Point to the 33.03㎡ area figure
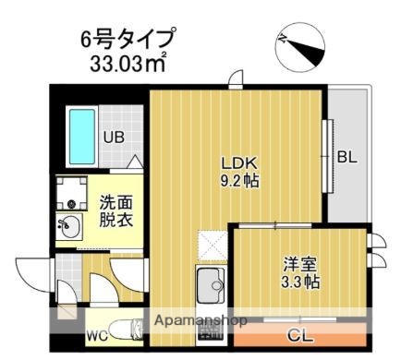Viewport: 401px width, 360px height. [128, 65]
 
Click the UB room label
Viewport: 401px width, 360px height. [113, 138]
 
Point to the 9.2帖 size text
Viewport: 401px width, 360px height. [238, 181]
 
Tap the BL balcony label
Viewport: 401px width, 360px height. [346, 157]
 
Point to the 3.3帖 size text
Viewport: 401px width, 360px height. [300, 282]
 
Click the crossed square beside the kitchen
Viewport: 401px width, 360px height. [213, 245]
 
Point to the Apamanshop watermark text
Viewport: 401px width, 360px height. [200, 320]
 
